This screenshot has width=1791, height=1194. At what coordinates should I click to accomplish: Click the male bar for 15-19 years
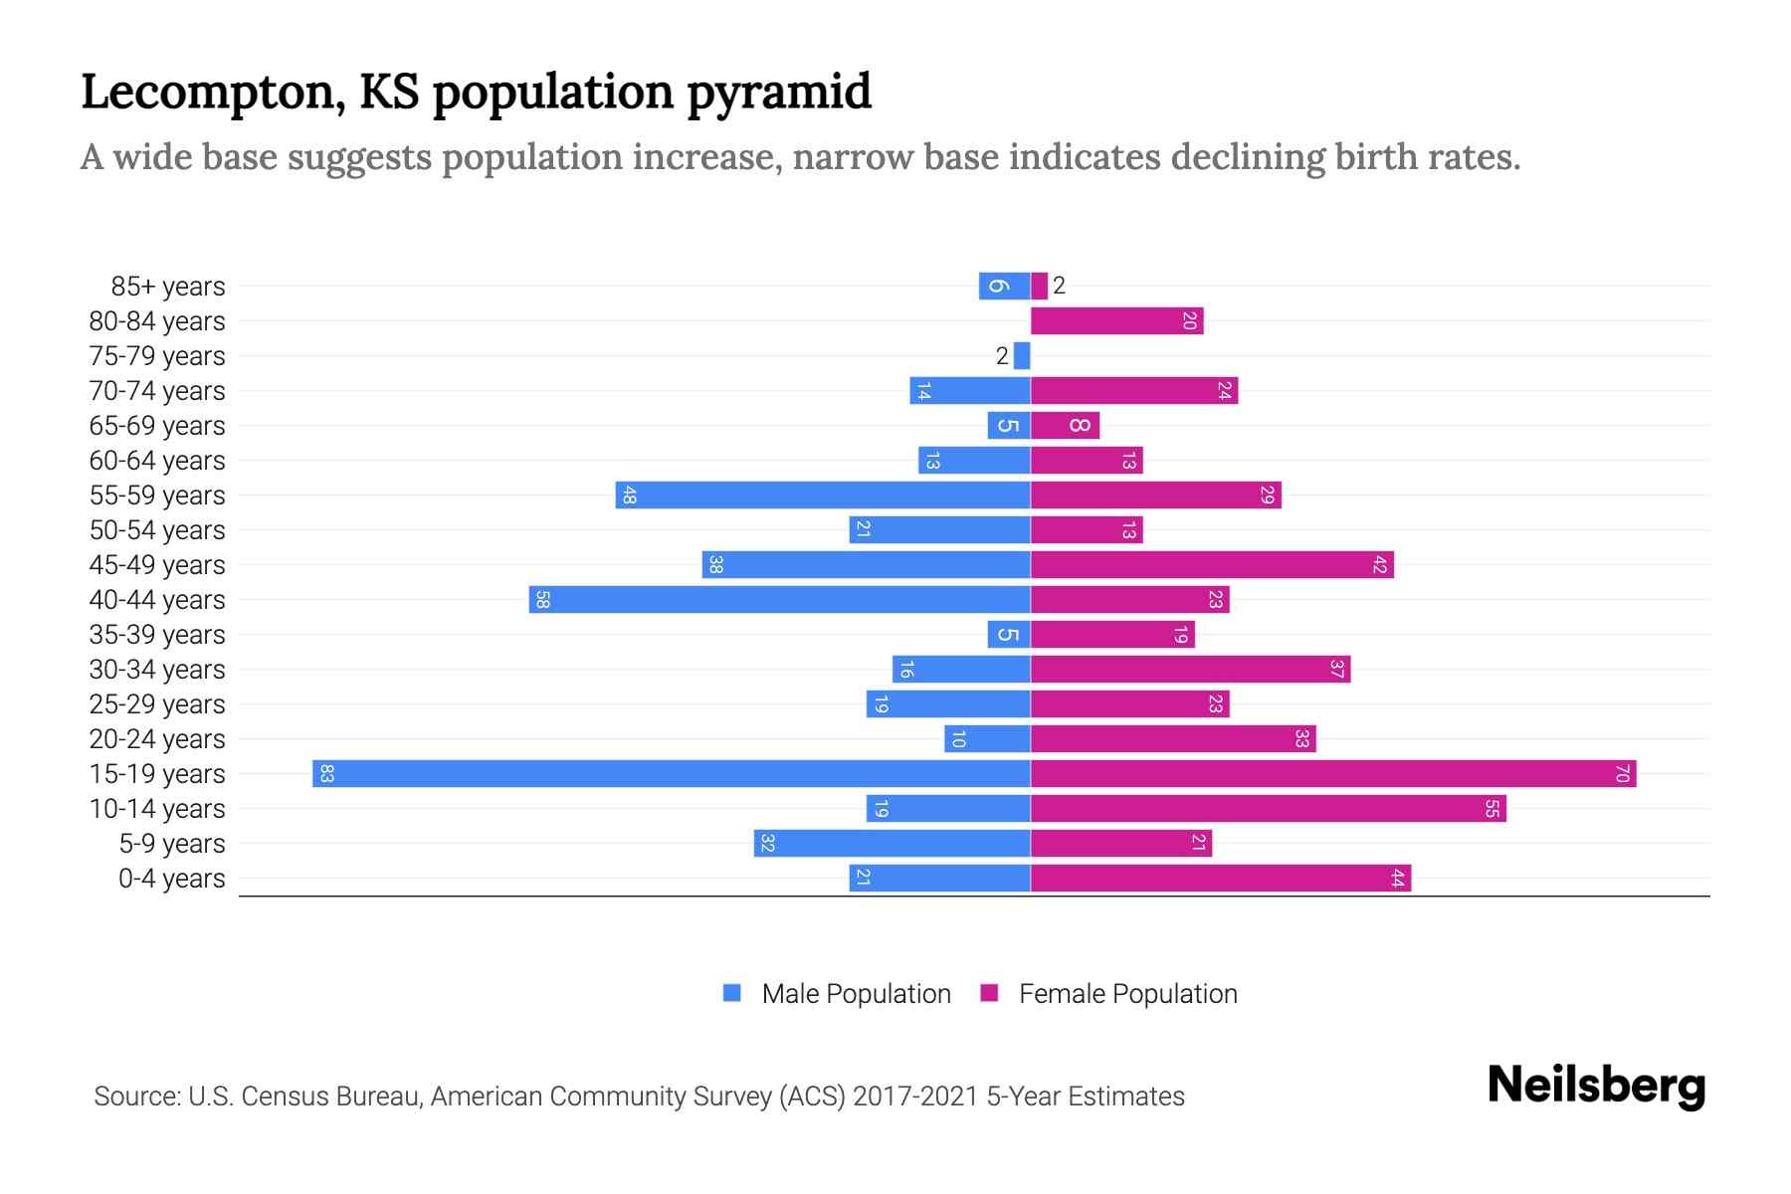click(672, 774)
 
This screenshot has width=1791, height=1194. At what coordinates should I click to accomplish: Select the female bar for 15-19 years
click(1333, 774)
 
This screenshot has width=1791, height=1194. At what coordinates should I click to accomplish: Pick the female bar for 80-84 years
click(1116, 321)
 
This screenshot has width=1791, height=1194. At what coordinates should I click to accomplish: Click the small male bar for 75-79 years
click(1022, 356)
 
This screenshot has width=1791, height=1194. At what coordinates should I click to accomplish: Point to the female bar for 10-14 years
click(1268, 809)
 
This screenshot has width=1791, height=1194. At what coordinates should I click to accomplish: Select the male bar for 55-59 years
click(822, 496)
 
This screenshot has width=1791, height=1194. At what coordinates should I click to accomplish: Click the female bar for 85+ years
click(1039, 287)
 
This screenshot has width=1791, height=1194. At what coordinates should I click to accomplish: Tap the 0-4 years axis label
click(172, 879)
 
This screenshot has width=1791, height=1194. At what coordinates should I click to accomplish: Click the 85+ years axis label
click(168, 287)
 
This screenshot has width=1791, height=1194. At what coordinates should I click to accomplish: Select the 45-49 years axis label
click(157, 565)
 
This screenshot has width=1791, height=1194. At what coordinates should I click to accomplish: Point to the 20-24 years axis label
click(157, 739)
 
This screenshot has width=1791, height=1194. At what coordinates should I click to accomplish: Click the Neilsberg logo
click(1596, 1086)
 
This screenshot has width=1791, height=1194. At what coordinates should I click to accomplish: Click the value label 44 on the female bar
click(1397, 879)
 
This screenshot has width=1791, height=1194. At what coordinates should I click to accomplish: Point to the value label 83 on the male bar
click(326, 774)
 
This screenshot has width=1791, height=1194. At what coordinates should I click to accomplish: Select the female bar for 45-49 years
click(1212, 565)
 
